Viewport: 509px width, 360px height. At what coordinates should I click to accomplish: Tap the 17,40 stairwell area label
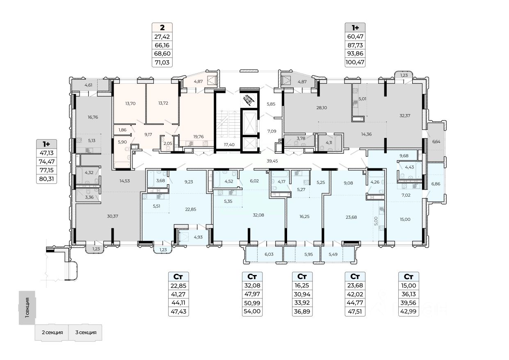(228, 145)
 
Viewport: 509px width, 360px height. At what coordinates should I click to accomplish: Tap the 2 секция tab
(52, 332)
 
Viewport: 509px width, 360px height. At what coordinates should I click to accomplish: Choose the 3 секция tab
(85, 332)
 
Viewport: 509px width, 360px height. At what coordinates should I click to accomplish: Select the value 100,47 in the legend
(355, 62)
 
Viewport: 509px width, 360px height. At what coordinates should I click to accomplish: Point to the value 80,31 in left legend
(46, 179)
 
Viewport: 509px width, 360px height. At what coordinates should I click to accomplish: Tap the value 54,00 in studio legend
(252, 312)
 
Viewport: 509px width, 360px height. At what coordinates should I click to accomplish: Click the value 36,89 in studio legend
(302, 312)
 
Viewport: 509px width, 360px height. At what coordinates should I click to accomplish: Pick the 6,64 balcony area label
(436, 142)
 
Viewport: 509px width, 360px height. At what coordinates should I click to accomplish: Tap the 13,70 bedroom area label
(130, 104)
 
